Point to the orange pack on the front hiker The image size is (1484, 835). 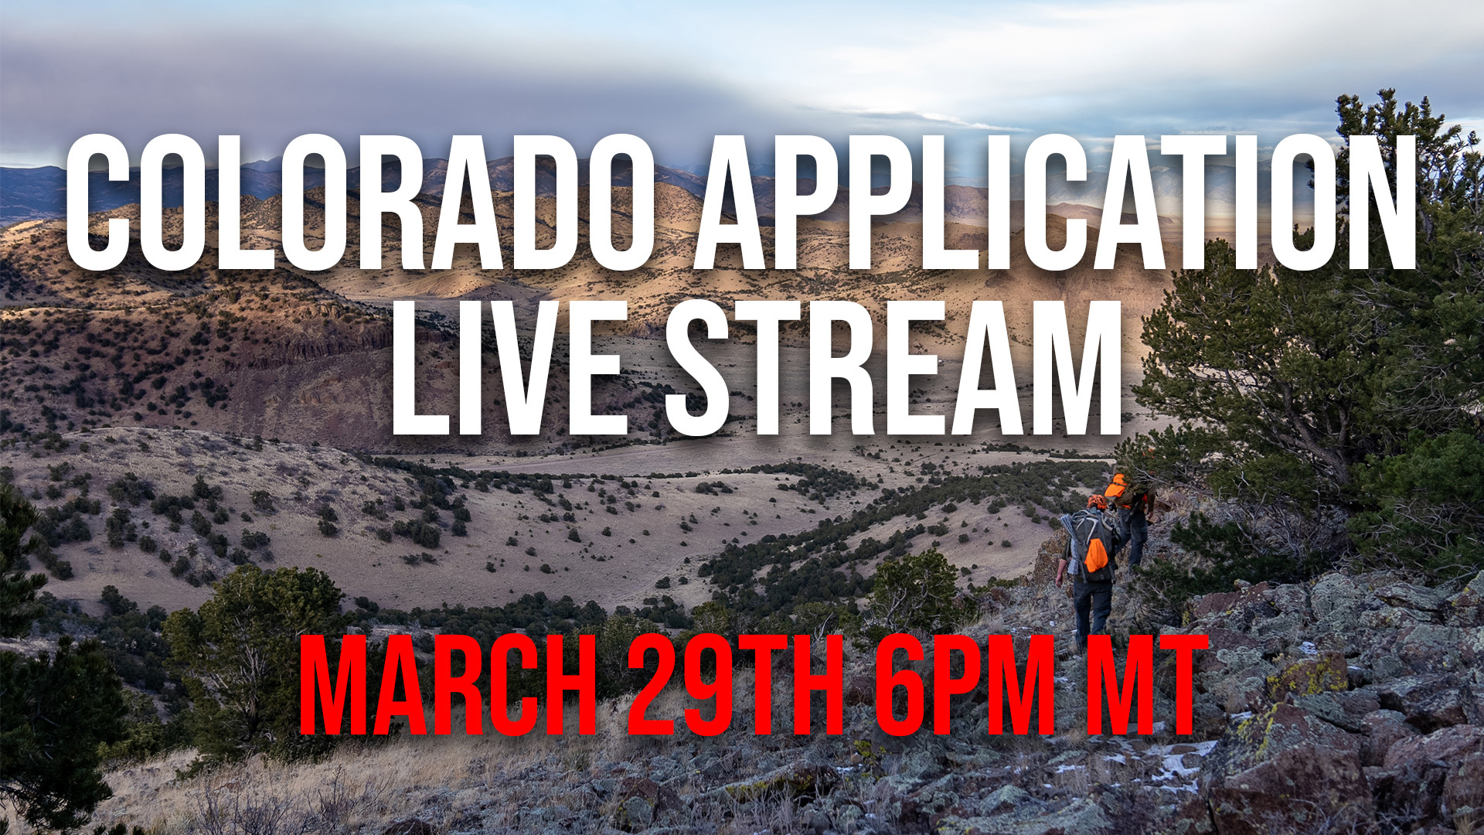[1117, 487]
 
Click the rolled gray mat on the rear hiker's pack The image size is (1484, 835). [1070, 533]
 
